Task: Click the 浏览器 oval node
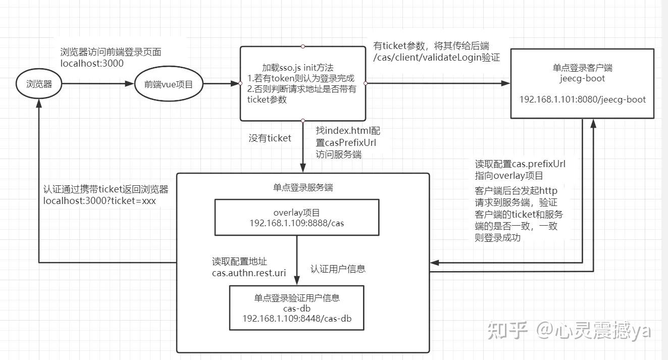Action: click(x=39, y=84)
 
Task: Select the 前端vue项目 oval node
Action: click(x=169, y=84)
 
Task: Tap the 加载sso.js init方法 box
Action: click(x=302, y=84)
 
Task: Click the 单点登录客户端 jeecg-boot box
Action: click(x=582, y=84)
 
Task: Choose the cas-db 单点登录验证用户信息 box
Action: click(x=296, y=307)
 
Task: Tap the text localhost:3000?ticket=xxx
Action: click(x=100, y=200)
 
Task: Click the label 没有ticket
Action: click(x=270, y=137)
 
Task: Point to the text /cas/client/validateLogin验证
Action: click(x=436, y=58)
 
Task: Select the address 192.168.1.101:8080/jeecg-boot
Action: click(x=582, y=99)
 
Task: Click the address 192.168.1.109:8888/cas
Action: click(x=296, y=223)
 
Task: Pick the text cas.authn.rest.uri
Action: click(x=249, y=273)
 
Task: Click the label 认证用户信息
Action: click(x=338, y=269)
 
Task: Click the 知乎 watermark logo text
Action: click(x=506, y=331)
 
